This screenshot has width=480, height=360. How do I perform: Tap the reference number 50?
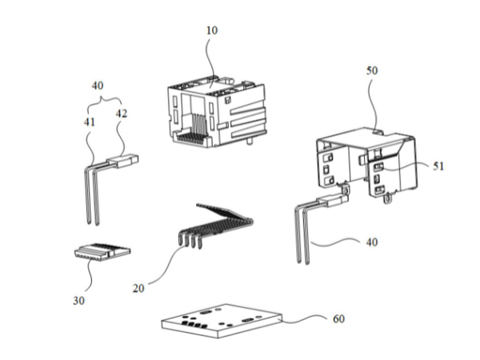[372, 70]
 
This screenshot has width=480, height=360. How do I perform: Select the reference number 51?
[438, 166]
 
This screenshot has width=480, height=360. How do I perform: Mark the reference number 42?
[121, 113]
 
